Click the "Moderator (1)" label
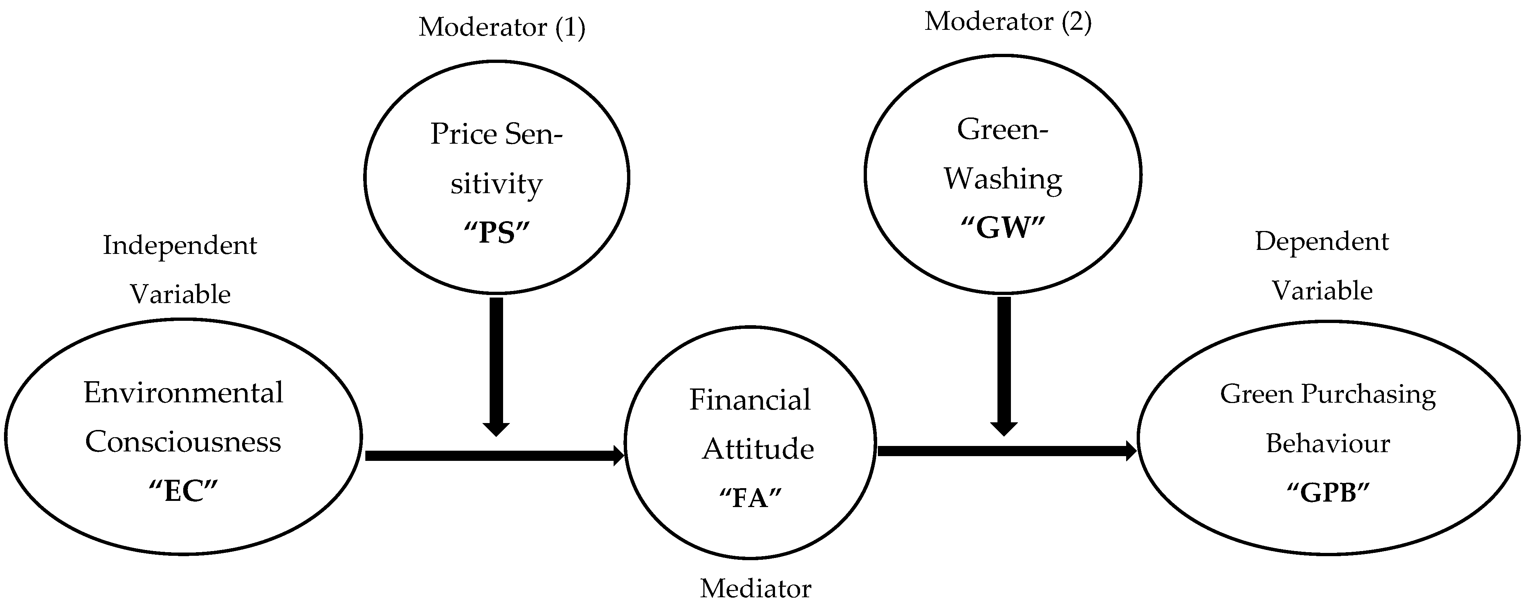point(502,27)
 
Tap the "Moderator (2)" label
point(1008,22)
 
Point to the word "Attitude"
point(758,449)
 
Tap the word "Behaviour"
point(1328,443)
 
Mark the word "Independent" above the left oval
point(180,245)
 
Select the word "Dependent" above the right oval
point(1322,242)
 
